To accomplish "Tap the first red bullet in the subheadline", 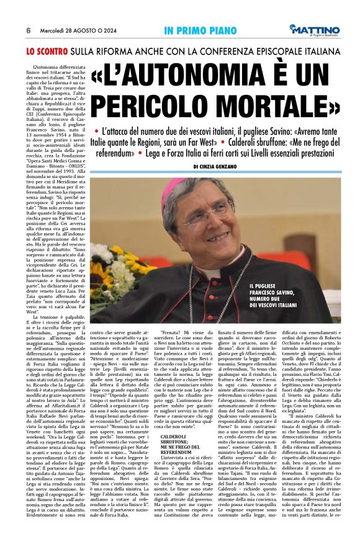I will pos(96,131).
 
